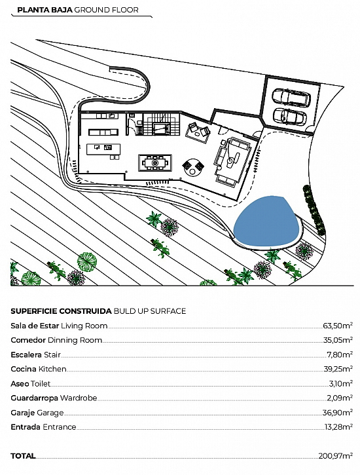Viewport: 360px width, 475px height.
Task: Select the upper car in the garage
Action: (291, 97)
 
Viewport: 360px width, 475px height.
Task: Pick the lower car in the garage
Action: (289, 116)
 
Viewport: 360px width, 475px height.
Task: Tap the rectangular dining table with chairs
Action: (155, 163)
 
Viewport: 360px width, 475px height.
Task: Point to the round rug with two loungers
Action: (193, 166)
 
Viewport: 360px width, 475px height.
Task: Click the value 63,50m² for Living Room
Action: (338, 326)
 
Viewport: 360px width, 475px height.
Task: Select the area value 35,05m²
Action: (338, 340)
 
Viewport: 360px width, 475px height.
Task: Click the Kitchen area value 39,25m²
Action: (338, 369)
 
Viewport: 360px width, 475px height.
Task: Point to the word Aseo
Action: (20, 383)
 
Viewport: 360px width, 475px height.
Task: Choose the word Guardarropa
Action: (34, 398)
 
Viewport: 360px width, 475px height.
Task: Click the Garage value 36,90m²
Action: (338, 412)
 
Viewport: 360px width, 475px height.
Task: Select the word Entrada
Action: (26, 427)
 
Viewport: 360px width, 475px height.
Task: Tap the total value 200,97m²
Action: (336, 455)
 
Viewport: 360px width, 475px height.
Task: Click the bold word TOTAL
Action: (23, 455)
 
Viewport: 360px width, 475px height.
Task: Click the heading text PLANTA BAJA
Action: (45, 10)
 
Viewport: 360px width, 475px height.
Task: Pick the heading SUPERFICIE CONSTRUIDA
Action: (61, 311)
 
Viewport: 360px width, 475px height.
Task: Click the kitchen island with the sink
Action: (103, 149)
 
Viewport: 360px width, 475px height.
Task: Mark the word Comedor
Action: (28, 340)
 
